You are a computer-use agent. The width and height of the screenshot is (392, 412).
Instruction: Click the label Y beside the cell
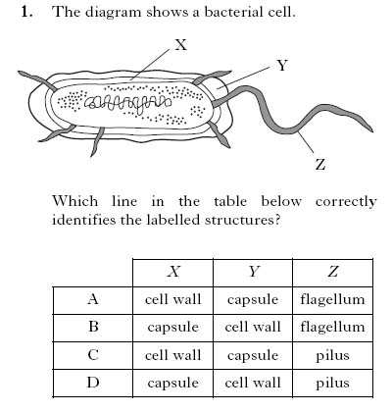pyautogui.click(x=282, y=66)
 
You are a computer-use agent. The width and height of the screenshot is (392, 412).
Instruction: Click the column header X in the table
pyautogui.click(x=173, y=272)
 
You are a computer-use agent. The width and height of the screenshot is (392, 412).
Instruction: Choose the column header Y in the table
pyautogui.click(x=253, y=272)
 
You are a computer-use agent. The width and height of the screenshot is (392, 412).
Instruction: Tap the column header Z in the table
pyautogui.click(x=333, y=272)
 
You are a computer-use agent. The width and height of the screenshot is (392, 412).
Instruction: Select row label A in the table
pyautogui.click(x=92, y=299)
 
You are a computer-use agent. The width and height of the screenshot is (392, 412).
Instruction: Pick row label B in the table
pyautogui.click(x=92, y=327)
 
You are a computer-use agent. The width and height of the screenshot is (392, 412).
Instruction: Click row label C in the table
pyautogui.click(x=92, y=355)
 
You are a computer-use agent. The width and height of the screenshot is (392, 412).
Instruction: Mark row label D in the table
pyautogui.click(x=92, y=383)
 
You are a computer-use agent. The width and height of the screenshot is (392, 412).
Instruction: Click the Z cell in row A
pyautogui.click(x=333, y=299)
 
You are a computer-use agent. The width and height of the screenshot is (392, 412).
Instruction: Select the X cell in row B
pyautogui.click(x=173, y=327)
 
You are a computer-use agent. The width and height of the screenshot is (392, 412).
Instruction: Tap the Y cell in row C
pyautogui.click(x=253, y=355)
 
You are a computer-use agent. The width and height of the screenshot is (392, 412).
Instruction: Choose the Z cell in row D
pyautogui.click(x=333, y=383)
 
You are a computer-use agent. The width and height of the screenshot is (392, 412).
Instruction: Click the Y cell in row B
pyautogui.click(x=253, y=327)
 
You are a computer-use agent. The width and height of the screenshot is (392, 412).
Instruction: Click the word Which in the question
pyautogui.click(x=73, y=201)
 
